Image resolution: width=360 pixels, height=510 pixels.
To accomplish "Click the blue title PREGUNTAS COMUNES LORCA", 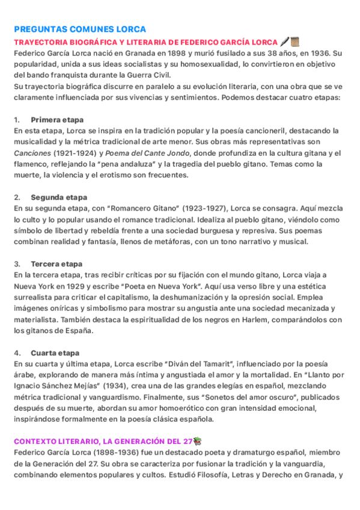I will click(79, 29).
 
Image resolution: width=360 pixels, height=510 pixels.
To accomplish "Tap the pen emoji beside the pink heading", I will click(284, 41).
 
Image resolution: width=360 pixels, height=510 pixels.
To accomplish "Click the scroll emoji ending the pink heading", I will click(294, 41).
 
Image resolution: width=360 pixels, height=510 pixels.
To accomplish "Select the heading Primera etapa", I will click(57, 120).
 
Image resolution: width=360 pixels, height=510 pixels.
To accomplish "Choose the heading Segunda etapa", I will click(59, 197).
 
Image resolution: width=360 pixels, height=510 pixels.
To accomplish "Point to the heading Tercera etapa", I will click(56, 264).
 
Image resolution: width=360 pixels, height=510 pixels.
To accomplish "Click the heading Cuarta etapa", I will click(55, 353).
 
